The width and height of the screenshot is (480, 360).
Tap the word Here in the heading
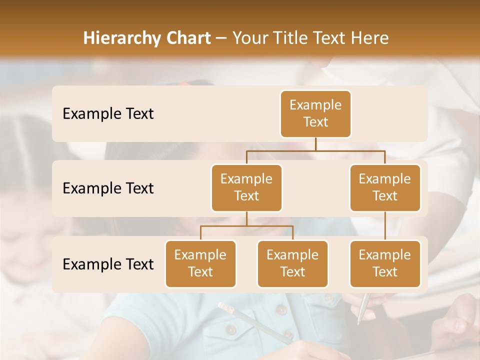pyautogui.click(x=370, y=38)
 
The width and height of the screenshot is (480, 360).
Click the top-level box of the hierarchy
pyautogui.click(x=315, y=113)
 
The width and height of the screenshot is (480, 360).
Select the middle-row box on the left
pyautogui.click(x=246, y=187)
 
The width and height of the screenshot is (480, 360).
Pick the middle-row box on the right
pyautogui.click(x=385, y=187)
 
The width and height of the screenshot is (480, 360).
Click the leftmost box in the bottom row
pyautogui.click(x=200, y=263)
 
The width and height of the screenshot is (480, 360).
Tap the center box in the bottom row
pyautogui.click(x=292, y=263)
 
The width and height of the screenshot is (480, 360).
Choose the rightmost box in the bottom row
pyautogui.click(x=385, y=263)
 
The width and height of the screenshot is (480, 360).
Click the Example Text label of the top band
pyautogui.click(x=108, y=114)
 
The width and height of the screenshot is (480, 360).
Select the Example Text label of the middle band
pyautogui.click(x=108, y=188)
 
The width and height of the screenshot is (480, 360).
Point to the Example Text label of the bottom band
pyautogui.click(x=108, y=264)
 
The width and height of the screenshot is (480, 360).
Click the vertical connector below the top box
pyautogui.click(x=315, y=144)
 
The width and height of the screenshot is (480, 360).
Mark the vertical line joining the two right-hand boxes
pyautogui.click(x=385, y=225)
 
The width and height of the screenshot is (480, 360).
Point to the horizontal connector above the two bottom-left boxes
pyautogui.click(x=246, y=226)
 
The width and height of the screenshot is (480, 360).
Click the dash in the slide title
pyautogui.click(x=221, y=38)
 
